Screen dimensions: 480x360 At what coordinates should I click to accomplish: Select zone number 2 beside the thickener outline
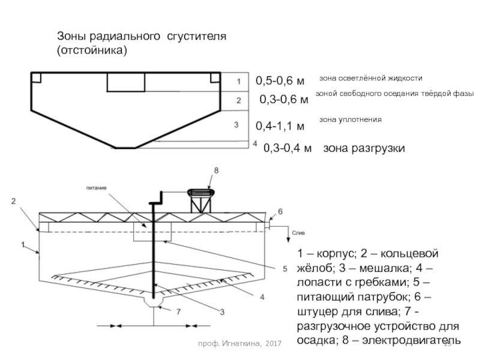tap(238, 100)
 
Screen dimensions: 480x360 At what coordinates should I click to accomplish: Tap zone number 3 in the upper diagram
tap(236, 125)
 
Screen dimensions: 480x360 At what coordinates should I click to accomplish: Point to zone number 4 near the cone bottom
tap(254, 144)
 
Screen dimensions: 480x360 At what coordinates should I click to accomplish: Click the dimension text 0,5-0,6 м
tap(280, 80)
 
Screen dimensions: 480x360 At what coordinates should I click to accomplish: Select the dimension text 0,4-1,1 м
tap(280, 127)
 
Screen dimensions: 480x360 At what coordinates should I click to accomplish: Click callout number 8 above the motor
tap(216, 170)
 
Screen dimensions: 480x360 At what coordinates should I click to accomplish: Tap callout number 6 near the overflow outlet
tap(280, 212)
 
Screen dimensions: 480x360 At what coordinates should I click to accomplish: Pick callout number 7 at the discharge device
tap(178, 311)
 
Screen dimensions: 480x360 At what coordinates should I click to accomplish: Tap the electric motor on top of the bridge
tap(202, 193)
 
